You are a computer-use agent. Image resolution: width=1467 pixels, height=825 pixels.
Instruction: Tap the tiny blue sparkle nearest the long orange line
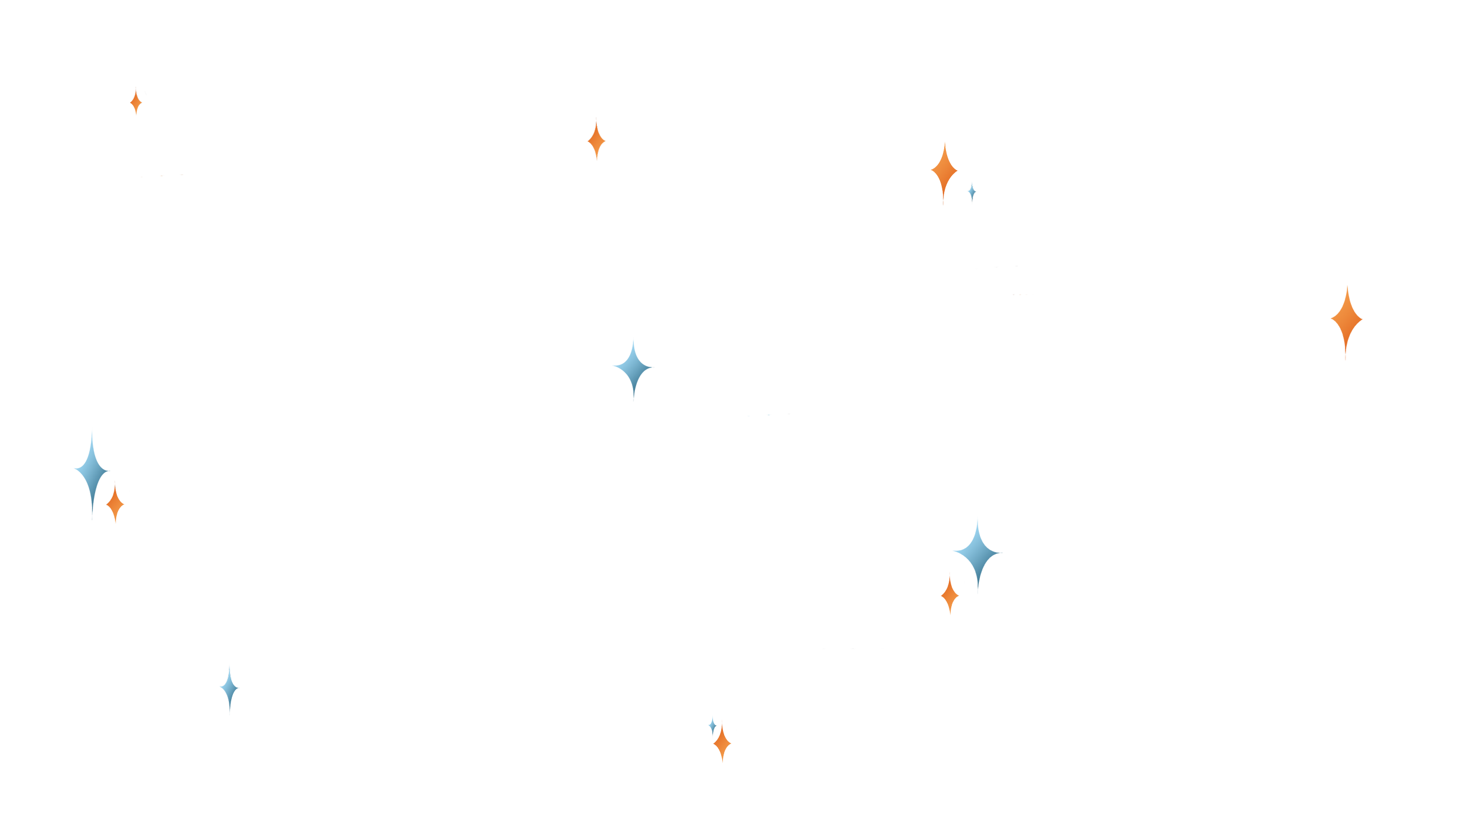coord(972,192)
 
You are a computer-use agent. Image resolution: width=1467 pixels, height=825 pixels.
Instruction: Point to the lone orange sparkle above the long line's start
coord(136,102)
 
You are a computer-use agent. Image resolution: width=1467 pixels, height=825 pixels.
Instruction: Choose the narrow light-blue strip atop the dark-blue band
coord(1232,533)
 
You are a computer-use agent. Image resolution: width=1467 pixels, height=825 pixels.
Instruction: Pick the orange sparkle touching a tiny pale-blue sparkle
coord(721,743)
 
